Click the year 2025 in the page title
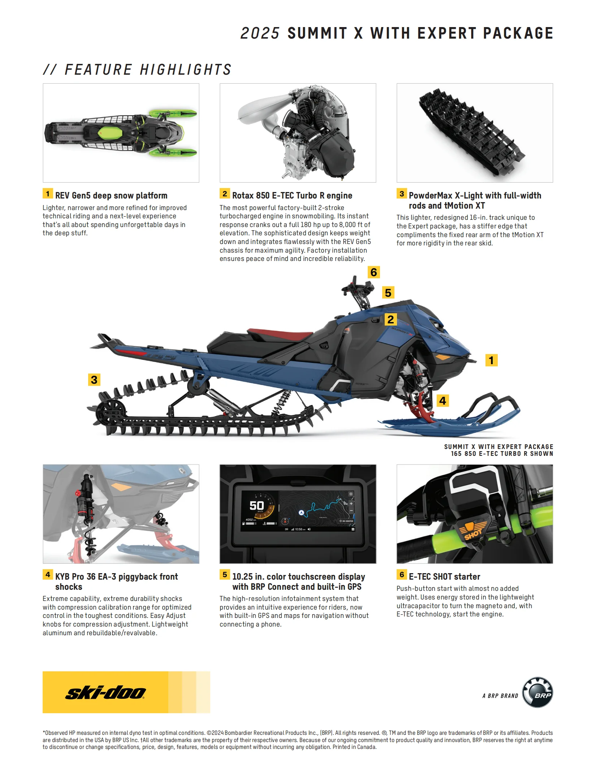260,33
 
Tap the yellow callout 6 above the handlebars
373,272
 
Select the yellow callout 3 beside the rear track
94,380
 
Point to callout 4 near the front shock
442,401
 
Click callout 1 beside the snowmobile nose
491,360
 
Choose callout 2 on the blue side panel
390,319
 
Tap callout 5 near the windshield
388,292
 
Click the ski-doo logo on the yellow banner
105,693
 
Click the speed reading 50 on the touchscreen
256,506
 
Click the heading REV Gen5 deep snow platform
111,196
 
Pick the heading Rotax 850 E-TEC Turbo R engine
292,196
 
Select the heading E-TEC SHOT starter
444,576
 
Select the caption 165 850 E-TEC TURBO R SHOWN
502,454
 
